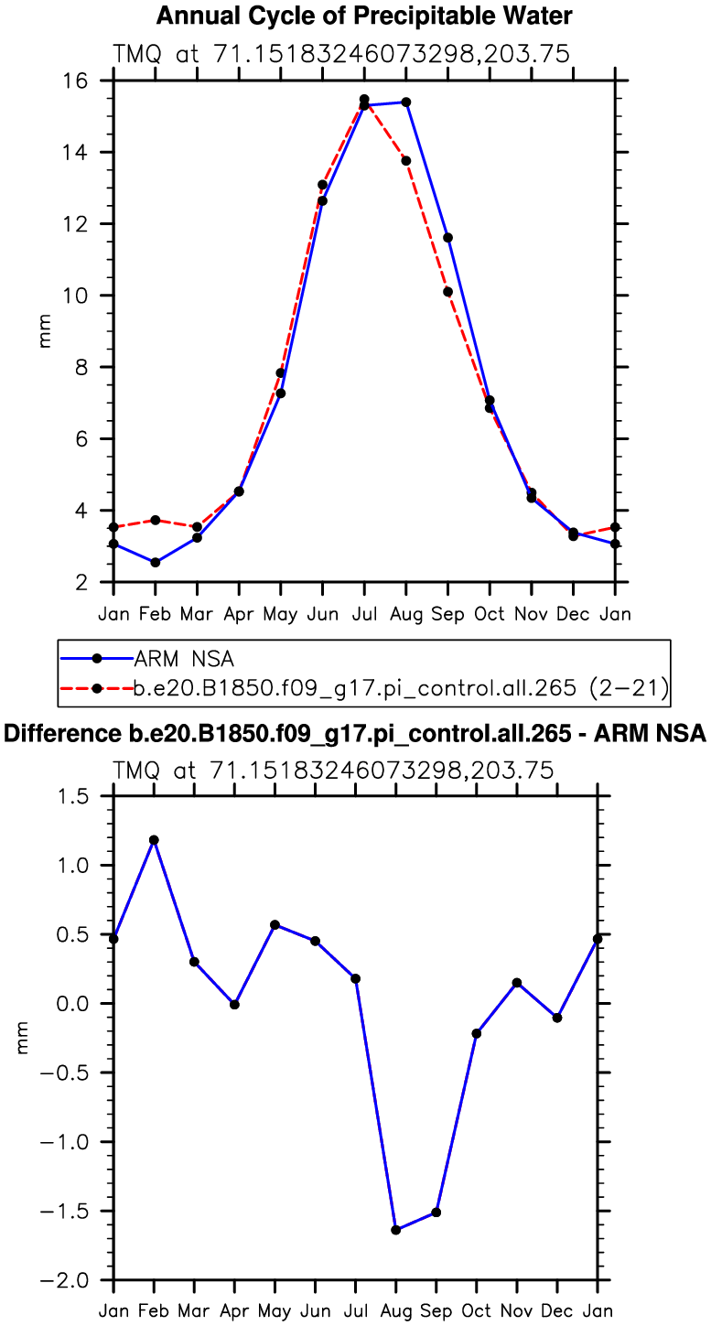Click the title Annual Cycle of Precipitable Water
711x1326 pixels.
tap(364, 16)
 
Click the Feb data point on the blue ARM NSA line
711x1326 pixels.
tap(156, 562)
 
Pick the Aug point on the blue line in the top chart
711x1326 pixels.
tap(406, 102)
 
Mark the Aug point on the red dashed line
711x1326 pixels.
tap(406, 161)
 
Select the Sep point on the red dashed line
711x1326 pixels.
tap(447, 292)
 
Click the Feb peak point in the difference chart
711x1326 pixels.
tap(154, 840)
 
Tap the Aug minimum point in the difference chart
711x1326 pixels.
tap(396, 1230)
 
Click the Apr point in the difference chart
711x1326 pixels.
tap(235, 1005)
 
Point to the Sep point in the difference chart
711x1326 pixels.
tap(436, 1213)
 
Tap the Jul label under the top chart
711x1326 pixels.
tap(364, 613)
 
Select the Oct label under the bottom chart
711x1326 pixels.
tap(477, 1310)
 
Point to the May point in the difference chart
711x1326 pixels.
tap(275, 924)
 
